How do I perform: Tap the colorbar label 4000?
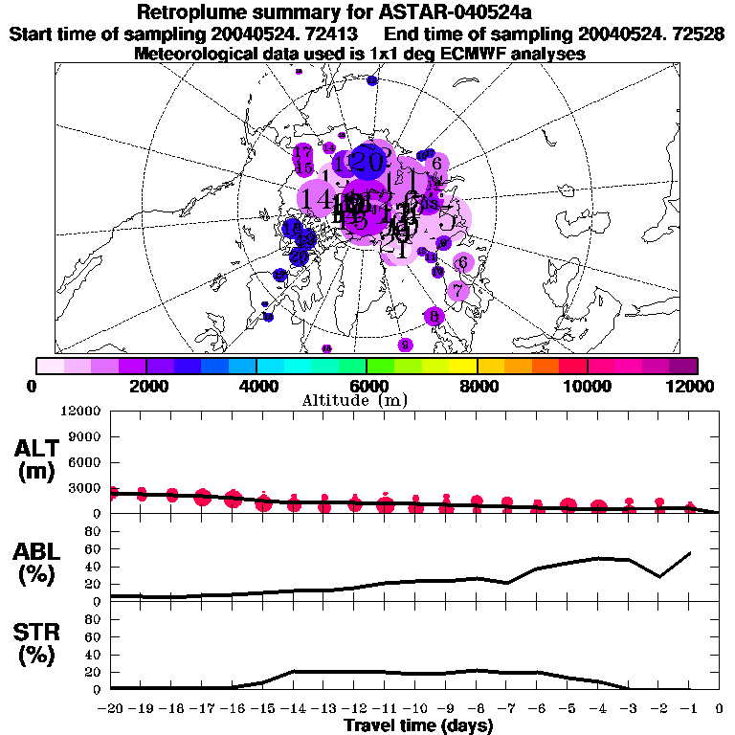tap(256, 386)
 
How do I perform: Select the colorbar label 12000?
tap(690, 386)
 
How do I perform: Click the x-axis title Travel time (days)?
tap(418, 726)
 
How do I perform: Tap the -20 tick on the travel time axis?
tap(112, 709)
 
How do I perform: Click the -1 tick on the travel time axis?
tap(689, 709)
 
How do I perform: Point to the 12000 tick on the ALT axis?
tap(82, 412)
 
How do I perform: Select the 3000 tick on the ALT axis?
tap(86, 488)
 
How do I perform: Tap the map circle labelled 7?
tap(458, 290)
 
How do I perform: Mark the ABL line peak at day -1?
tap(689, 552)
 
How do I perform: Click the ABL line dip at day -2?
tap(659, 576)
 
